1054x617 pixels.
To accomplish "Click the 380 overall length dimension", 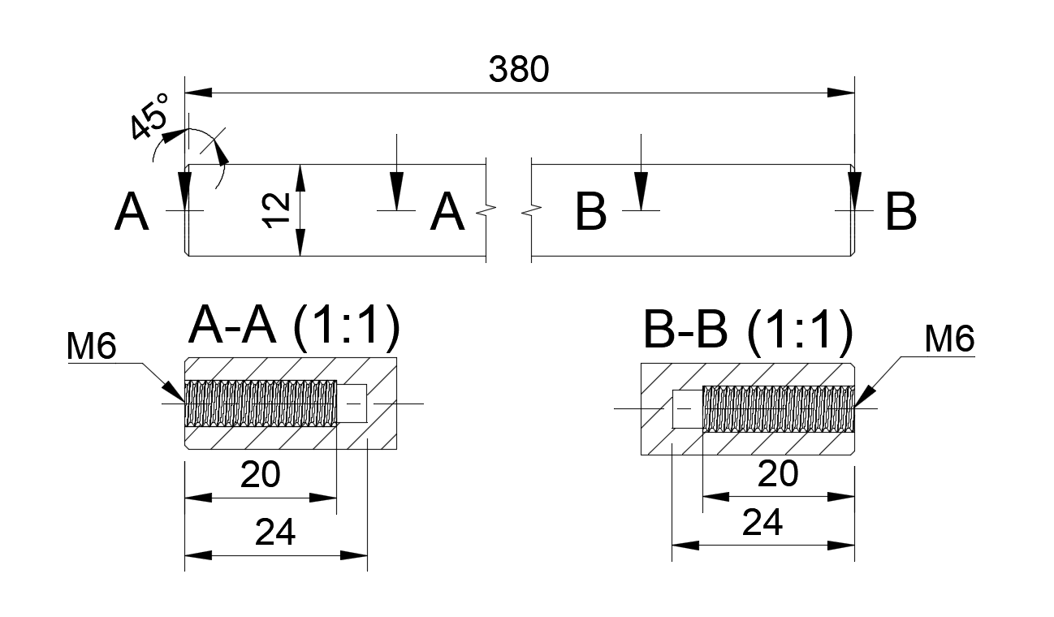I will (519, 71).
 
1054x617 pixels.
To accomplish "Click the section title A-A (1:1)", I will (294, 327).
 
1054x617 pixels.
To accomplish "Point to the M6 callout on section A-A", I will (92, 347).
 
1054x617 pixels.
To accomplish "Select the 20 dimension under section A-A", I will (260, 474).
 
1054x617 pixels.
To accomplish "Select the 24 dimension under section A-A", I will (274, 533).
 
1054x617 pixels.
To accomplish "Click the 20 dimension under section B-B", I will (777, 473).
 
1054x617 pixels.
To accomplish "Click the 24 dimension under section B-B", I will (762, 523).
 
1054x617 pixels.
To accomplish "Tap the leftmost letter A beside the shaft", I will (132, 214).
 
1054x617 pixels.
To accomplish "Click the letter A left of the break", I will (447, 214).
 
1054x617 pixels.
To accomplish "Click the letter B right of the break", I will (590, 213).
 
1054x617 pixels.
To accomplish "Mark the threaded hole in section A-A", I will (261, 403).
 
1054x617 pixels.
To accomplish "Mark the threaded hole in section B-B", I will (778, 408).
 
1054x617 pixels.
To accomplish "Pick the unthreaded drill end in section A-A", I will (352, 403).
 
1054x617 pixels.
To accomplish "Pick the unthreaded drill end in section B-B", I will (687, 408).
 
